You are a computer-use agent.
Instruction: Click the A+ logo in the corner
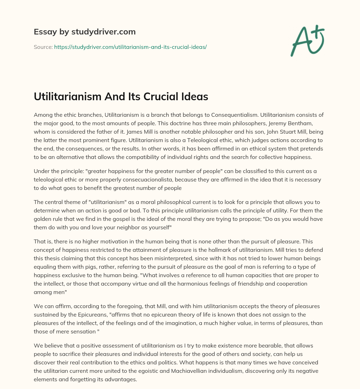click(307, 40)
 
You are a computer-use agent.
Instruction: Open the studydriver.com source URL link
click(130, 47)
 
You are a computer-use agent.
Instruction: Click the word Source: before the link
click(43, 47)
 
